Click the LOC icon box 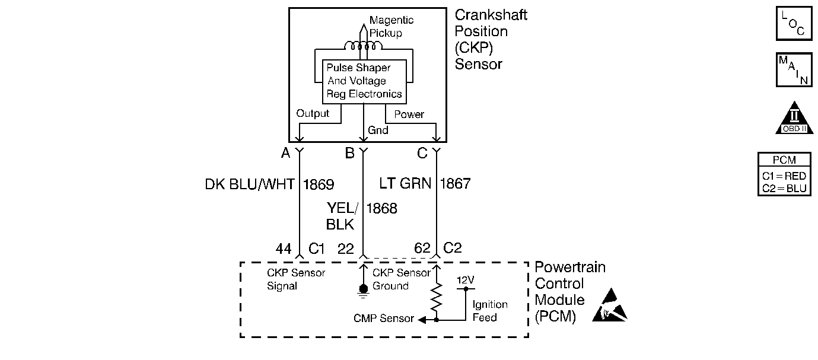coord(794,23)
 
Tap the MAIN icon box coord(794,69)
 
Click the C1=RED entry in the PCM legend coord(784,176)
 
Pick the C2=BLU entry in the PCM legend coord(784,189)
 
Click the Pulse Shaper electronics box coord(364,81)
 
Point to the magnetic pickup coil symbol coord(364,46)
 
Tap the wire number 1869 coord(319,184)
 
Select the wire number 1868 coord(381,208)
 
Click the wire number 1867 coord(455,184)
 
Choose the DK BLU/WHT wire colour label coord(249,184)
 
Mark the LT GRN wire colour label coord(405,184)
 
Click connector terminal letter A coord(285,154)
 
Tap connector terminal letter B coord(349,154)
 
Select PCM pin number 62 coord(422,249)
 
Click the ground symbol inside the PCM coord(363,290)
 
